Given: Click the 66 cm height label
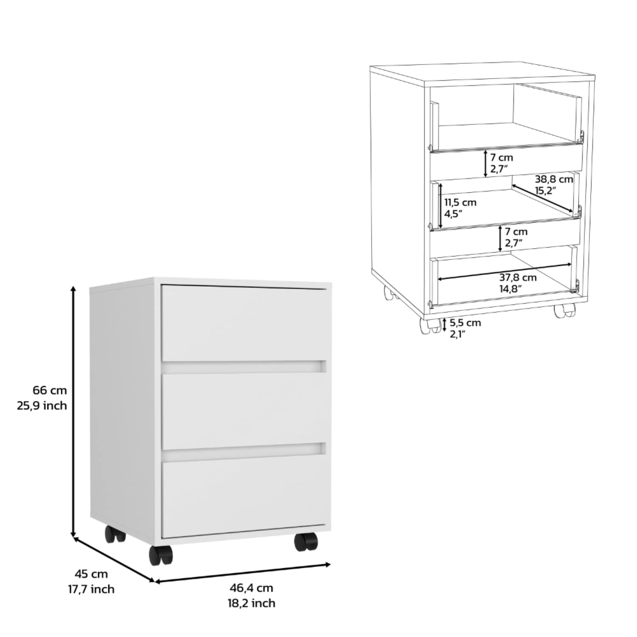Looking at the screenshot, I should click(x=50, y=390).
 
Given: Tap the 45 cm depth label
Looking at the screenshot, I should click(x=91, y=574).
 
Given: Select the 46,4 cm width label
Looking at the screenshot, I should click(x=251, y=588).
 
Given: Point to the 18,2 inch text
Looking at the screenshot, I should click(x=251, y=603).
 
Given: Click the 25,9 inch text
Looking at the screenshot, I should click(x=42, y=406).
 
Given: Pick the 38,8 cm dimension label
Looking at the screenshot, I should click(x=554, y=179).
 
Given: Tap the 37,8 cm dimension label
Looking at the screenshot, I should click(x=518, y=277).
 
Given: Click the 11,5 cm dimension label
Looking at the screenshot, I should click(x=460, y=203).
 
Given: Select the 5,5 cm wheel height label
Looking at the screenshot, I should click(x=466, y=322).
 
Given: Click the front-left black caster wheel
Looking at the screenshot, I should click(x=161, y=555).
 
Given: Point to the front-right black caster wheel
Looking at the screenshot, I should click(x=306, y=542).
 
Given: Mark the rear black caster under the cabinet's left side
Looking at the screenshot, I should click(x=115, y=534).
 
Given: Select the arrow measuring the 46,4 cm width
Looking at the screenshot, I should click(x=242, y=572).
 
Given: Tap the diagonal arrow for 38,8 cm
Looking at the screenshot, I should click(x=542, y=197).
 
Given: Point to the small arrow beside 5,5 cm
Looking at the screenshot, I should click(x=444, y=325).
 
